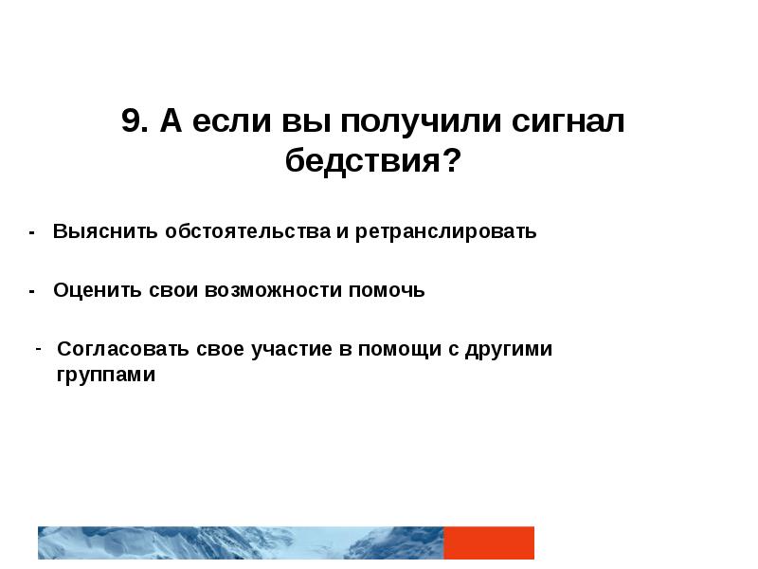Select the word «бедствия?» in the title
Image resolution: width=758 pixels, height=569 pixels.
point(373,161)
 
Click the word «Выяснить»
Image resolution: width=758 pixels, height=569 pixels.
point(106,231)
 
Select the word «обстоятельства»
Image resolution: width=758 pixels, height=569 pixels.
point(246,231)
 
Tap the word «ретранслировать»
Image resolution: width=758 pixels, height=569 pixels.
point(446,231)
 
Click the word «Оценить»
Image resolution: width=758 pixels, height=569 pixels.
point(98,290)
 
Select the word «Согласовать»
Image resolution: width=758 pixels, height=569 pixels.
point(123,348)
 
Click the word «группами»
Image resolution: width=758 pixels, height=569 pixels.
point(105,375)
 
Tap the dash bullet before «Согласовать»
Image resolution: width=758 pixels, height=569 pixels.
point(37,346)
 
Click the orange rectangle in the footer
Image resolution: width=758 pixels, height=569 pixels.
point(489,542)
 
